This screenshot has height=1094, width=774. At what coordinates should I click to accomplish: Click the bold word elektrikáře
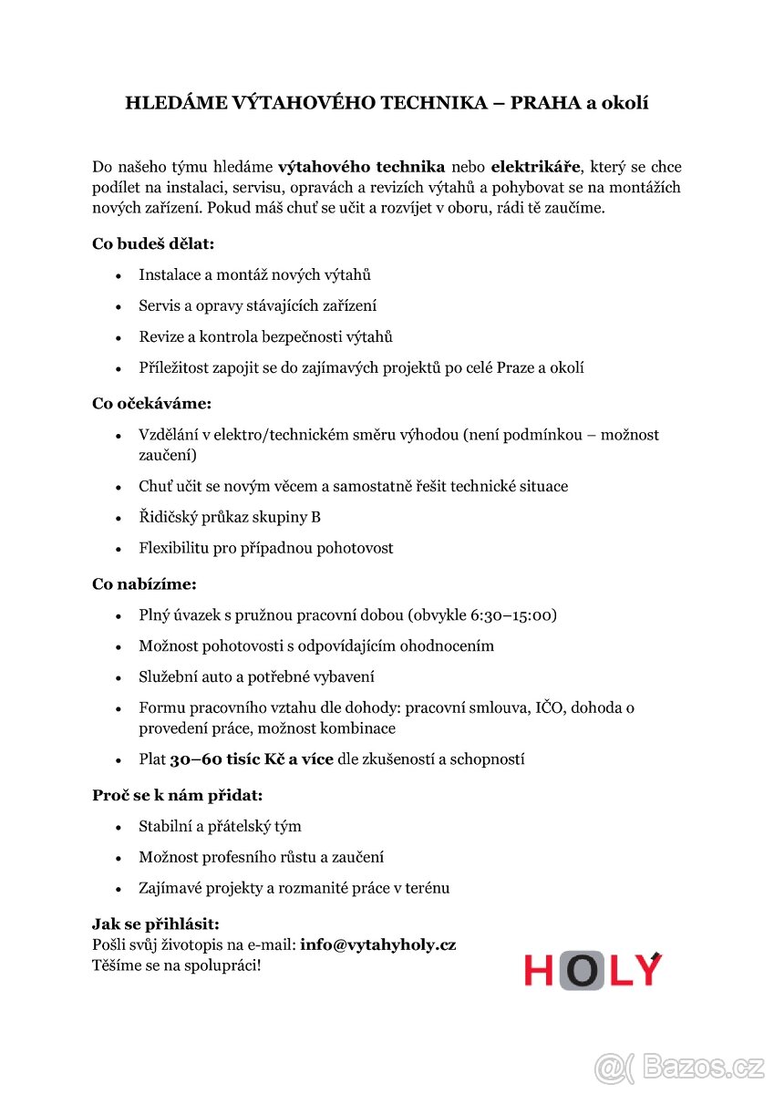click(x=535, y=167)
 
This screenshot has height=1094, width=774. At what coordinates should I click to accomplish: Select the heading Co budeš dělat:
click(x=153, y=243)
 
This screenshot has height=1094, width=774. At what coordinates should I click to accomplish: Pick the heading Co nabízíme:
click(x=144, y=583)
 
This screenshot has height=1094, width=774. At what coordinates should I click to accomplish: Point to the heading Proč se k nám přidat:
click(x=177, y=795)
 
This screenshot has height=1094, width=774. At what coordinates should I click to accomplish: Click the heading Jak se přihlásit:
click(x=156, y=924)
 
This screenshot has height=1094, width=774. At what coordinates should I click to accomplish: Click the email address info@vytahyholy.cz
click(x=377, y=944)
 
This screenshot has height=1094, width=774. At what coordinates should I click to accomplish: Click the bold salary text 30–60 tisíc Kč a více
click(x=252, y=759)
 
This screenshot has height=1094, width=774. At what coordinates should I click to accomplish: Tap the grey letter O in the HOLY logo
click(x=581, y=971)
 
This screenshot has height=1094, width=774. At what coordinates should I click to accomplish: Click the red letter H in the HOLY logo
click(x=540, y=971)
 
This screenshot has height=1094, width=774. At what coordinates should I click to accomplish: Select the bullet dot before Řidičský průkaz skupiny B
click(x=119, y=518)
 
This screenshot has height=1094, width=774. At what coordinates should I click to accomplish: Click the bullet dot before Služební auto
click(x=119, y=677)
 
